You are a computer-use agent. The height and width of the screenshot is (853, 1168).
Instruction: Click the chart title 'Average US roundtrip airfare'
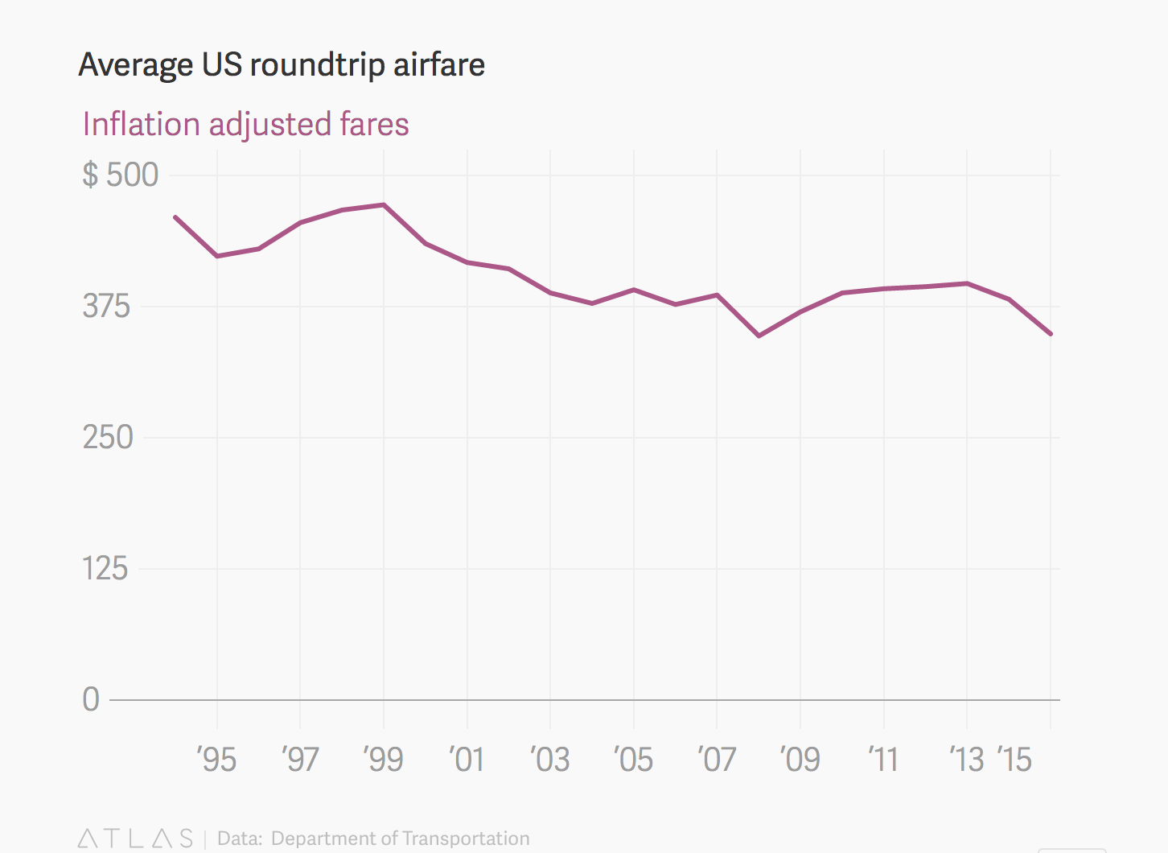(x=282, y=65)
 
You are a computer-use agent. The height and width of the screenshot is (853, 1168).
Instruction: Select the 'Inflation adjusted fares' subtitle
(x=245, y=125)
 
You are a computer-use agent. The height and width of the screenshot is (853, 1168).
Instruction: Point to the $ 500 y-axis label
(x=121, y=175)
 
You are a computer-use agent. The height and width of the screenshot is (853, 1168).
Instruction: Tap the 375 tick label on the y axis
(x=106, y=307)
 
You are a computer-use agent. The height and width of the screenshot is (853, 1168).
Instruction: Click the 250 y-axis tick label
(x=107, y=438)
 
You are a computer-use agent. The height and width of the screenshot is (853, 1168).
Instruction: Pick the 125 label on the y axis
(x=105, y=569)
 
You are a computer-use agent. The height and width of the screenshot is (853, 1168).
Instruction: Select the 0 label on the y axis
(x=91, y=699)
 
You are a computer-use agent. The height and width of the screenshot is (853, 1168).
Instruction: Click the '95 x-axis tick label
(x=216, y=760)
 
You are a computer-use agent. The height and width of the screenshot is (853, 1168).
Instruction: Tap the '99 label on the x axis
(x=383, y=760)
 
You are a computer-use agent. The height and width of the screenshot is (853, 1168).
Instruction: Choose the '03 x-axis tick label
(x=550, y=760)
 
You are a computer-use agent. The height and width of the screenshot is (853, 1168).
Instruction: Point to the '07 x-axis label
(x=717, y=760)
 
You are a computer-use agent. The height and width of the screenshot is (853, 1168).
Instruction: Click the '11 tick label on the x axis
(x=883, y=760)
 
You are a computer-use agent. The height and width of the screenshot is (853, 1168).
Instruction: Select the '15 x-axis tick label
(x=1014, y=760)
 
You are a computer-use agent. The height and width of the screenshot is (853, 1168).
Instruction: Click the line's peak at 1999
(x=384, y=204)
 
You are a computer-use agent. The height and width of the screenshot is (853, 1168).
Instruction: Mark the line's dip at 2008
(x=759, y=336)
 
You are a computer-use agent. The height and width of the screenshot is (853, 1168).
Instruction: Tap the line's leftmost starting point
(x=175, y=217)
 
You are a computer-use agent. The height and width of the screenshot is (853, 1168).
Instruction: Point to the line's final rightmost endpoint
(x=1051, y=334)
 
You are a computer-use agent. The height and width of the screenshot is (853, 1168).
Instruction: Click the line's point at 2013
(x=967, y=283)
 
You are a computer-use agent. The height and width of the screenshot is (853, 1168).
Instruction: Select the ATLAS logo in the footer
(x=135, y=839)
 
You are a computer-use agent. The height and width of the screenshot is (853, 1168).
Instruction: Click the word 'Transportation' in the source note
(x=466, y=839)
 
